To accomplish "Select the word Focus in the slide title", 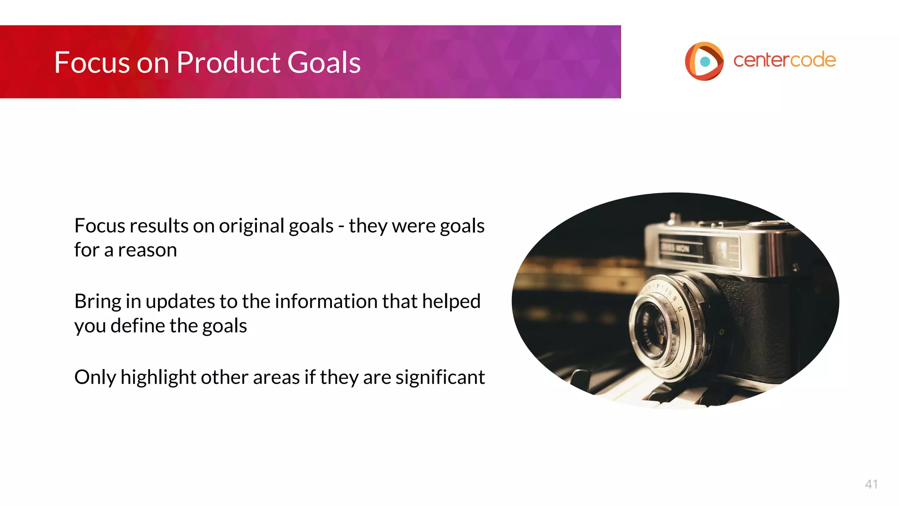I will [92, 62].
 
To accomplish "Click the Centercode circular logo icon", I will [704, 61].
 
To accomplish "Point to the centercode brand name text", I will [784, 60].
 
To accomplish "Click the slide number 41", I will [871, 484].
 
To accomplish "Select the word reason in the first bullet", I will [147, 250].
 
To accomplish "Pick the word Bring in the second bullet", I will [97, 302].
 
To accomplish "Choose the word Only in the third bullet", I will [95, 377].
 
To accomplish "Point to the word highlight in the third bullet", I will [158, 377].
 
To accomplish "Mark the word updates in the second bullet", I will [180, 302].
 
